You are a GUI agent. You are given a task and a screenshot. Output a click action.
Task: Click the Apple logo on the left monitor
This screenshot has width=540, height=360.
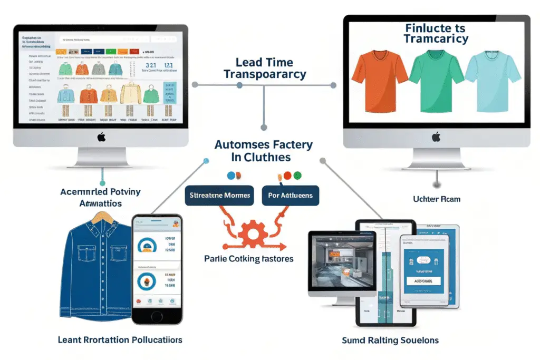click(102, 138)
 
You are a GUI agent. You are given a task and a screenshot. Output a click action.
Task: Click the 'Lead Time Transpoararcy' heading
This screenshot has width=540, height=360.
click(264, 68)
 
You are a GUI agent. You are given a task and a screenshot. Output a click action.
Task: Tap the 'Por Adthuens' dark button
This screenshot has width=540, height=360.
click(290, 196)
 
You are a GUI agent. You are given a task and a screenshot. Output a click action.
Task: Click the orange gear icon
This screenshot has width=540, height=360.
click(254, 235)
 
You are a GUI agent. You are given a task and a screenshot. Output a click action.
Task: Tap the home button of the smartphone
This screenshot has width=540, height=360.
click(157, 315)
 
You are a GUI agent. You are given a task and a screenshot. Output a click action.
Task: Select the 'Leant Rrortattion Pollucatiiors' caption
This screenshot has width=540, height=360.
click(120, 340)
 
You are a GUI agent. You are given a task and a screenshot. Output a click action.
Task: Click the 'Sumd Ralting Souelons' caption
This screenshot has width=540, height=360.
click(390, 340)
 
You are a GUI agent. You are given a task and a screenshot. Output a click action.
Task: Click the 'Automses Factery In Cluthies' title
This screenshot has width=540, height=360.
click(264, 151)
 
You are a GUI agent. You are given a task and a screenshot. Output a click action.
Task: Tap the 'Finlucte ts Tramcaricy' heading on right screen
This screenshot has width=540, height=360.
click(435, 33)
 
